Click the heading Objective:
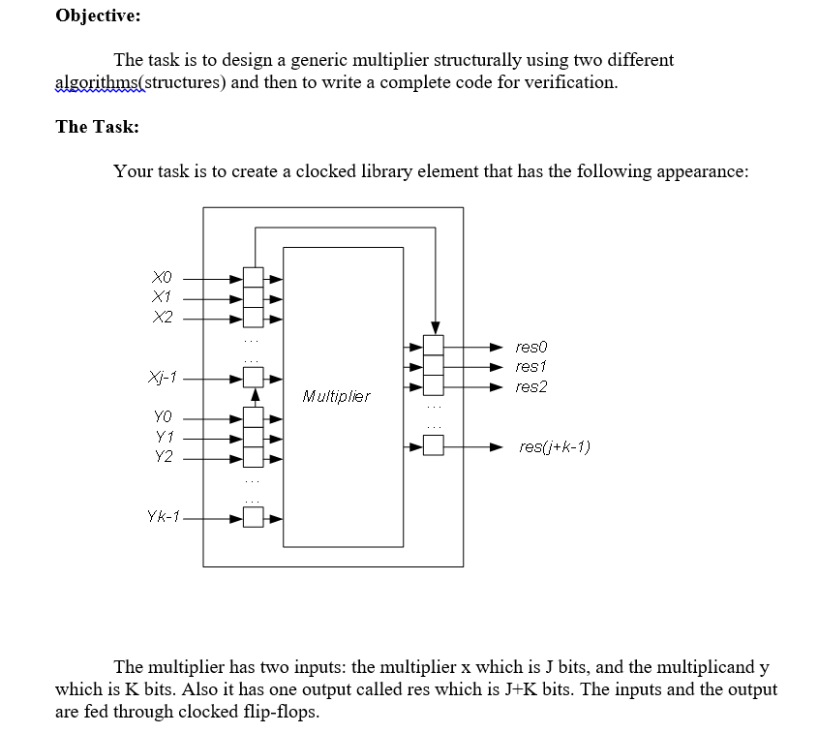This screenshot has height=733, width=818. [98, 15]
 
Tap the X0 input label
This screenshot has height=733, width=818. [163, 277]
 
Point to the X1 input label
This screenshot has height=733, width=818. [163, 296]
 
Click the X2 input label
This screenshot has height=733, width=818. [163, 317]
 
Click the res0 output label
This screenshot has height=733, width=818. [531, 346]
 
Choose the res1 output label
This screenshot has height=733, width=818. [531, 366]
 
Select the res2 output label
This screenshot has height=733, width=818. [531, 386]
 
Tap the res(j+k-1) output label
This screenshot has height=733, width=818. [555, 446]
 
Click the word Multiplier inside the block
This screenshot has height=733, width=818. [336, 396]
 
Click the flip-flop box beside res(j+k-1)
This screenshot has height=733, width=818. [434, 446]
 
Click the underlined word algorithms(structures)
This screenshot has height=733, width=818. [141, 82]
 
